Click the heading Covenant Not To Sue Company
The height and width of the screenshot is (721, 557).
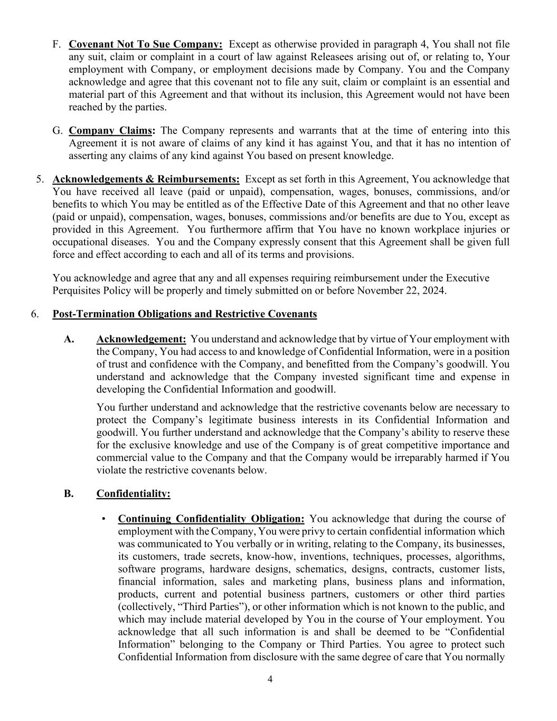tap(145, 44)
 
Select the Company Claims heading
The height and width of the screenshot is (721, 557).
tap(112, 130)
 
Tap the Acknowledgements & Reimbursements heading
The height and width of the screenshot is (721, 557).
tap(146, 180)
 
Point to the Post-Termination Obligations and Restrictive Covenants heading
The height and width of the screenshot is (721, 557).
tap(185, 314)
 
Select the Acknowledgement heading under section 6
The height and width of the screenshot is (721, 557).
tap(141, 339)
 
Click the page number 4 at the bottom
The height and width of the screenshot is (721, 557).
tap(270, 679)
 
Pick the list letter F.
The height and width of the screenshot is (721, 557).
tap(56, 44)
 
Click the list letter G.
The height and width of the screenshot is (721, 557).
tap(57, 130)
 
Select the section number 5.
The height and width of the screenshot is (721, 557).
tap(40, 180)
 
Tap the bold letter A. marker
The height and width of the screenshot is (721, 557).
tap(69, 339)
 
